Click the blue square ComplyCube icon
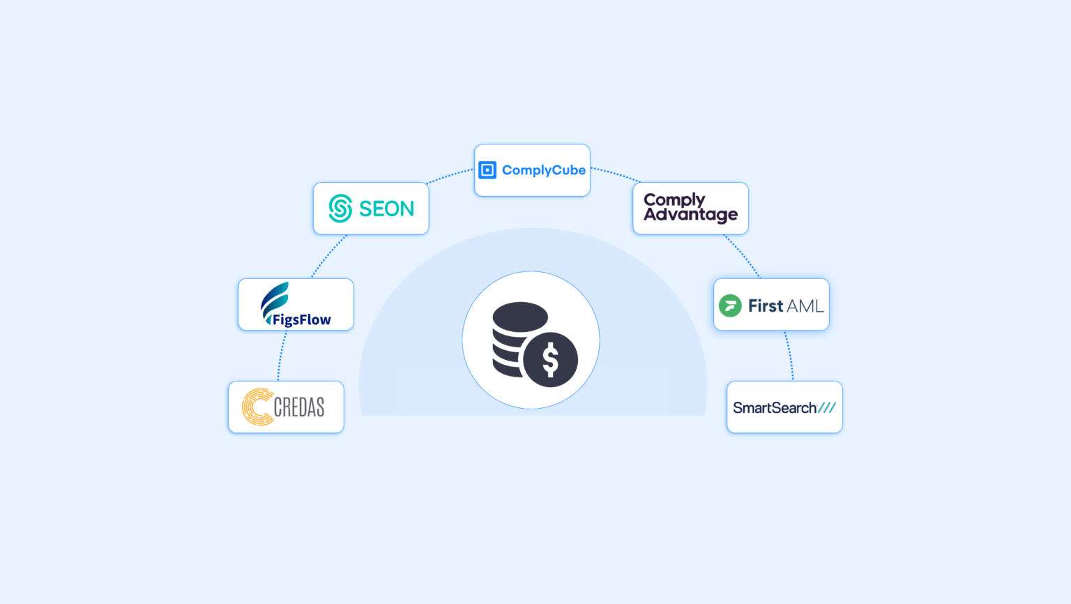[487, 169]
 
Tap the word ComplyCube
[544, 170]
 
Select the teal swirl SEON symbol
[340, 208]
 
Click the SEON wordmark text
[386, 209]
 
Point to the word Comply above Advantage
[674, 200]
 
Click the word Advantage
[690, 215]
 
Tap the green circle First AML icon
[730, 305]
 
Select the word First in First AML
[765, 305]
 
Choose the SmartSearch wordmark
[775, 408]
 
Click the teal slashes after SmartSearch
[827, 407]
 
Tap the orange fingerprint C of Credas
[258, 407]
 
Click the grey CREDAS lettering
[299, 407]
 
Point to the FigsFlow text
[301, 319]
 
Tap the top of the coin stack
[520, 317]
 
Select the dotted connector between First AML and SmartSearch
[790, 355]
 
